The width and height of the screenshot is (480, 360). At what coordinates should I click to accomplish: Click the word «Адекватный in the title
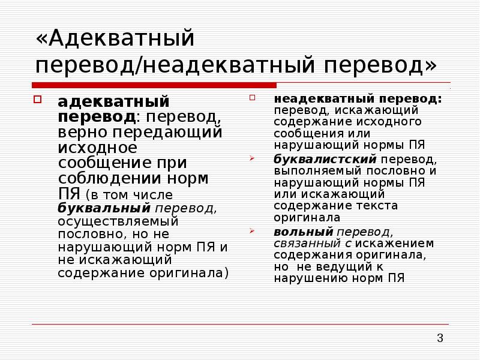coord(115,38)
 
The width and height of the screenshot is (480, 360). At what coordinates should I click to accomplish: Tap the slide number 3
coord(440,338)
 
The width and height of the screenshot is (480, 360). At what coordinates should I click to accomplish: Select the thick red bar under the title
coord(154,85)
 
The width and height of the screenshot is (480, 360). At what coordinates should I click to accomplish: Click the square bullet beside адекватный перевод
coord(37,100)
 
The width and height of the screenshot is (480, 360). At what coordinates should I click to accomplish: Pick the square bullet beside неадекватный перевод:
coord(252,98)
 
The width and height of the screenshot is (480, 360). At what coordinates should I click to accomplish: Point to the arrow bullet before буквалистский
coord(251,158)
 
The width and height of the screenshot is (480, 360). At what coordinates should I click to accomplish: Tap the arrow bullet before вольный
coord(251,231)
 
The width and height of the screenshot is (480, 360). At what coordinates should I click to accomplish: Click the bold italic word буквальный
coord(104,208)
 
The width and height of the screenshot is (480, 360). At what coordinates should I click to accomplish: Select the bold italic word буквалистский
coord(325,159)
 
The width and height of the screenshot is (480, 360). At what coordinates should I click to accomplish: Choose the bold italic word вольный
coord(304,232)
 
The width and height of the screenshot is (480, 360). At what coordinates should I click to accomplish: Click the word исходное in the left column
coord(97,148)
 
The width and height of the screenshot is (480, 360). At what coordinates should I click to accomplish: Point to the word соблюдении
coord(109,178)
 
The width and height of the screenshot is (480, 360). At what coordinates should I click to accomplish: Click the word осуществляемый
coord(118,221)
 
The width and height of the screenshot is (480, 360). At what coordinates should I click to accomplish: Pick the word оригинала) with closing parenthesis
coord(189,273)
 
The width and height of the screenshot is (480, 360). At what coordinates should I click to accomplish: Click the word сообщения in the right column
coord(308,134)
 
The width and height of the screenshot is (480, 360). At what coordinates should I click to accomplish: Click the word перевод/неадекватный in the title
coord(175,65)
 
